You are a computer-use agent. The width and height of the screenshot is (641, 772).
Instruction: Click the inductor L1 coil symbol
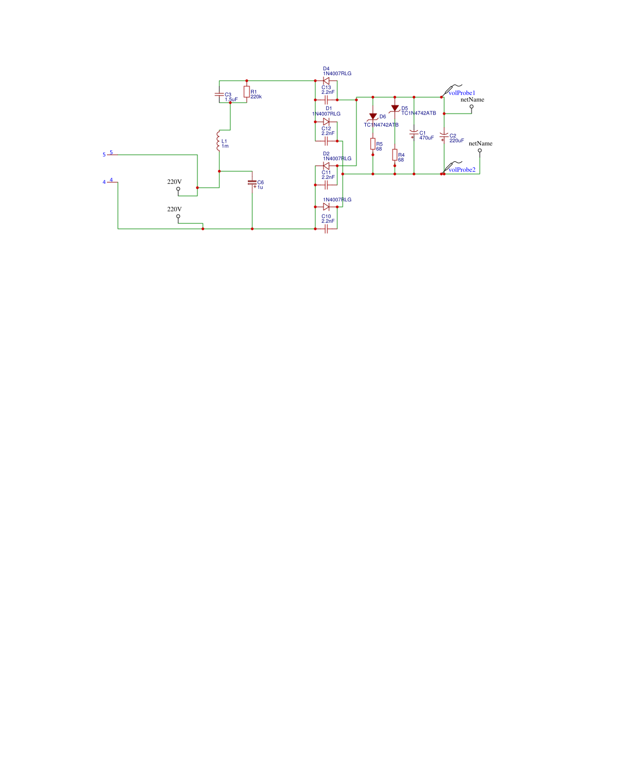[x=219, y=141]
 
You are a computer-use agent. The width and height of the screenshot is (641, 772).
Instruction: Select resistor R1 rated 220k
[x=247, y=92]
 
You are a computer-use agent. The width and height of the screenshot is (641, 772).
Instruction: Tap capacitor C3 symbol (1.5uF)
[x=219, y=94]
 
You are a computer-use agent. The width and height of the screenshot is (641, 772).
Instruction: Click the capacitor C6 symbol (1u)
[x=252, y=182]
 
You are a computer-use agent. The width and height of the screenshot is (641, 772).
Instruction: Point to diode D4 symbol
[x=326, y=81]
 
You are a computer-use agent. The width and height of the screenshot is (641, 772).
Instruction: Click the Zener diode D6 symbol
[x=373, y=116]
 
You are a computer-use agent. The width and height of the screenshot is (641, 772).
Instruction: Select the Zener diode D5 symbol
[x=395, y=108]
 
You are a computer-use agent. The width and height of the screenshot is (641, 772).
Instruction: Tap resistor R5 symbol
[x=373, y=144]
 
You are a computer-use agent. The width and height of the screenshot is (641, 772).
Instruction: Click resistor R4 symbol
[x=395, y=155]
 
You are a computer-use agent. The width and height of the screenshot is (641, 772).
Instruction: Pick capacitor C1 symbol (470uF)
[x=414, y=133]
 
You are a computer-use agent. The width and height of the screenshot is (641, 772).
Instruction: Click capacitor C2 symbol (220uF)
[x=444, y=136]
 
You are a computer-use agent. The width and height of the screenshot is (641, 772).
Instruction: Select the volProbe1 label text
[x=462, y=93]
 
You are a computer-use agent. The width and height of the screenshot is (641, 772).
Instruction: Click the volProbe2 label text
[x=462, y=170]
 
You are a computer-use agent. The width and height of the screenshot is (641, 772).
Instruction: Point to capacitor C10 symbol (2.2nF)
[x=326, y=229]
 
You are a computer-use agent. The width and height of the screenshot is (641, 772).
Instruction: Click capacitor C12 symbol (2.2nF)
[x=326, y=141]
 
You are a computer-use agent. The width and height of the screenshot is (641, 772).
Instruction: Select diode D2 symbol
[x=326, y=166]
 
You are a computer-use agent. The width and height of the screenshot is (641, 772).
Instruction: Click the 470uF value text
[x=427, y=138]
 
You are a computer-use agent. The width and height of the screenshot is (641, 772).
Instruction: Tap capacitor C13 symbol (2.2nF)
[x=326, y=100]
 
